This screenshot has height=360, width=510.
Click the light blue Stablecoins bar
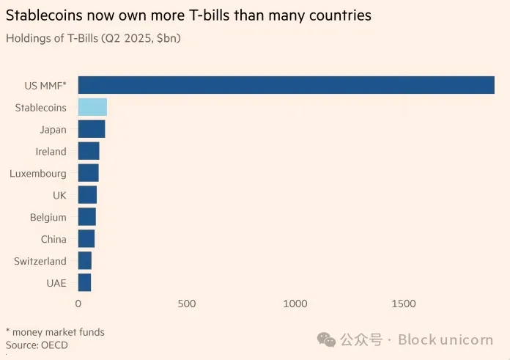(x=92, y=107)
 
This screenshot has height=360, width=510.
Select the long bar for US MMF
(x=286, y=85)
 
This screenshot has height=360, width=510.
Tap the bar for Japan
(x=92, y=129)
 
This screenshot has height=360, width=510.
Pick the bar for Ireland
(x=89, y=151)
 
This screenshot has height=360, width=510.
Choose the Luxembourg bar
(x=88, y=173)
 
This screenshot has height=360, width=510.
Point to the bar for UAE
(x=84, y=282)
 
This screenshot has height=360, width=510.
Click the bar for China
(x=86, y=239)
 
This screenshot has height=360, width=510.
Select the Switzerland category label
(x=40, y=261)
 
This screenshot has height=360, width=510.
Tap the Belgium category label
(x=48, y=217)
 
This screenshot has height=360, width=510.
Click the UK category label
(x=59, y=195)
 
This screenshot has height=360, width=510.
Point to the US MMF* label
(x=45, y=86)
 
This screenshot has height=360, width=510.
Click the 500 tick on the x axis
(x=187, y=304)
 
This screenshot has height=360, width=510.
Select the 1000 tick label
(x=295, y=304)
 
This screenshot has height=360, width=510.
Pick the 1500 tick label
(x=404, y=304)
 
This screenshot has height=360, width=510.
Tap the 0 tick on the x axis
(x=78, y=304)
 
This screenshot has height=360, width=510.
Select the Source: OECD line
(x=37, y=345)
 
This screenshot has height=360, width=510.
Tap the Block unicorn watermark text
(x=448, y=339)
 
